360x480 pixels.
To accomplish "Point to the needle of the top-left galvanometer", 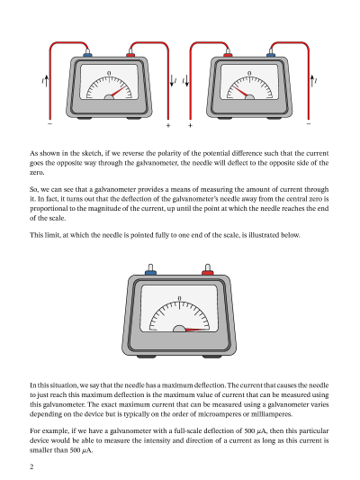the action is (119, 92).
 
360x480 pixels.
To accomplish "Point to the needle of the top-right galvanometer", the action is (240, 92).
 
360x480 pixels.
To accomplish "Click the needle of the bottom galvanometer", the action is (197, 330).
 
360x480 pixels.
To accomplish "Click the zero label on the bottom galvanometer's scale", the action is (179, 298).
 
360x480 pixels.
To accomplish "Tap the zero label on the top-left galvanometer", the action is (109, 74).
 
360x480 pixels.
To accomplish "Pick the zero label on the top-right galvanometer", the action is (249, 74).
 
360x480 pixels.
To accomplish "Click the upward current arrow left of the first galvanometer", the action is (46, 81).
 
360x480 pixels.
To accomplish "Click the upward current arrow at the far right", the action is (312, 81).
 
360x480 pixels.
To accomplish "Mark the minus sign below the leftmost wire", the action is (49, 123).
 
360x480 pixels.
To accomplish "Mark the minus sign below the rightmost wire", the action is (309, 123).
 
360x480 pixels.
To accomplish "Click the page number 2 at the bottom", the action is (31, 466).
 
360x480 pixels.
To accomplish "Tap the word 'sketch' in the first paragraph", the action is (92, 153).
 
